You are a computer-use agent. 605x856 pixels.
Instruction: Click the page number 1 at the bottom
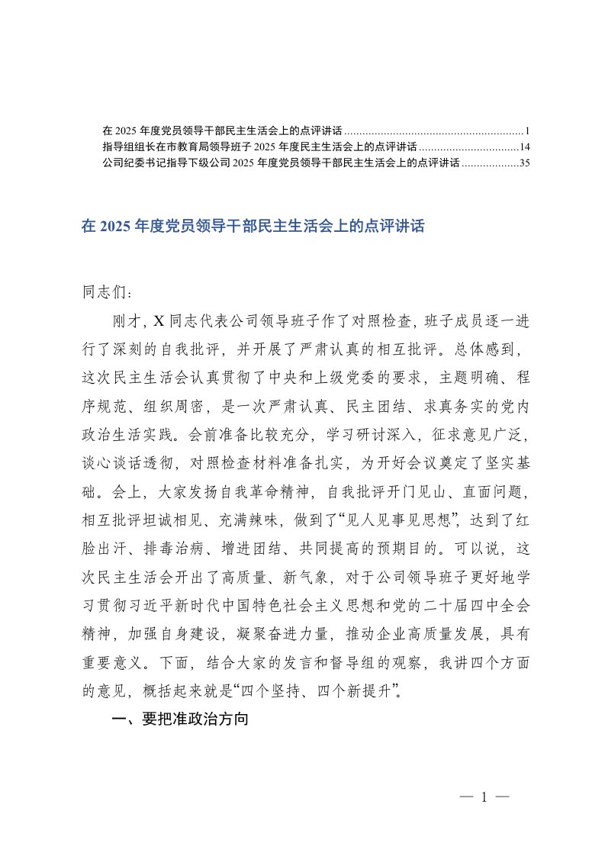click(x=484, y=797)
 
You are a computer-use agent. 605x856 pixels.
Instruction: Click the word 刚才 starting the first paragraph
click(x=128, y=320)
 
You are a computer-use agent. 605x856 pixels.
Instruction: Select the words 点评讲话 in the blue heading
click(x=397, y=227)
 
